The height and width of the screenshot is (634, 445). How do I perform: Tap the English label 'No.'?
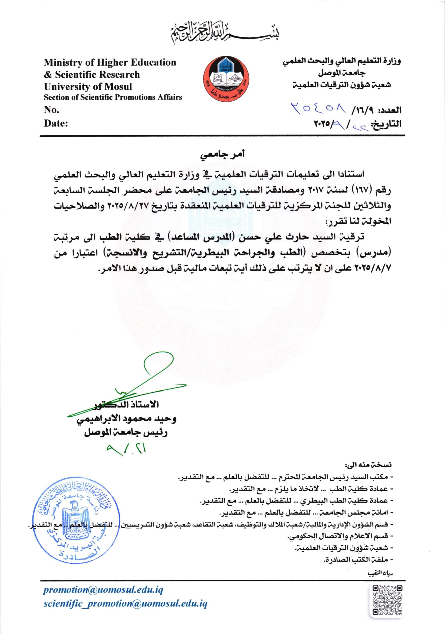pyautogui.click(x=52, y=110)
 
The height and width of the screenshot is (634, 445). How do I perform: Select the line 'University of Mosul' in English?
pyautogui.click(x=88, y=86)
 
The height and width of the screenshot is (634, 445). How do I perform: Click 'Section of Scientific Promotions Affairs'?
pyautogui.click(x=113, y=97)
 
